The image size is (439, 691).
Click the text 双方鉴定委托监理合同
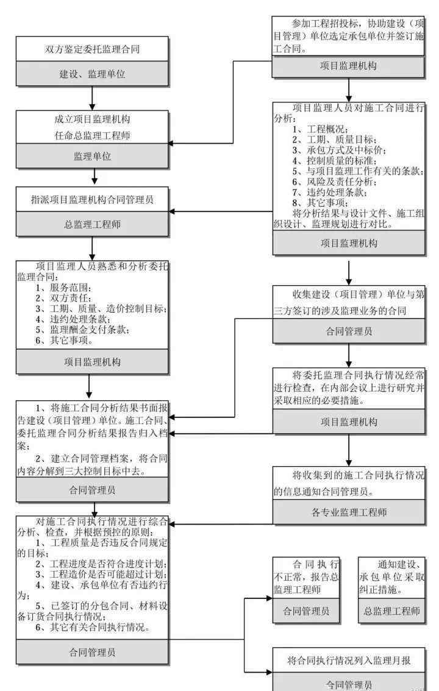tap(92, 49)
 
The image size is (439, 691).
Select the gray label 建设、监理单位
tap(92, 74)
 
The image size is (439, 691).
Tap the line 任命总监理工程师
tap(92, 135)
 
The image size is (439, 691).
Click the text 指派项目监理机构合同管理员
tap(92, 200)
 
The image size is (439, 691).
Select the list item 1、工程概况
tap(320, 129)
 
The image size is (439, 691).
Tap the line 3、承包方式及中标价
tap(340, 151)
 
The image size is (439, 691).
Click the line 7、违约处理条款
tap(330, 192)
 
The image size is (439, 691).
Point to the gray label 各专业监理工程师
tap(349, 512)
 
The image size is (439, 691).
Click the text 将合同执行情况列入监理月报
tap(349, 660)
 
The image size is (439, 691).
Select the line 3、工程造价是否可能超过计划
tap(101, 574)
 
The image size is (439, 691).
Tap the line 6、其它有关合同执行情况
tap(92, 627)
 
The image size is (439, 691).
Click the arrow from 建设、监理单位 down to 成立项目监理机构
tap(92, 98)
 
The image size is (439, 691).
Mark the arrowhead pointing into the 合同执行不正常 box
tap(269, 598)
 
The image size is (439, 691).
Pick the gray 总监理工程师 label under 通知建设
tap(392, 611)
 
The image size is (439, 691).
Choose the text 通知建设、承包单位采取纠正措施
tap(392, 576)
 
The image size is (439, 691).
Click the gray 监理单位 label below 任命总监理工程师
tap(92, 156)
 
